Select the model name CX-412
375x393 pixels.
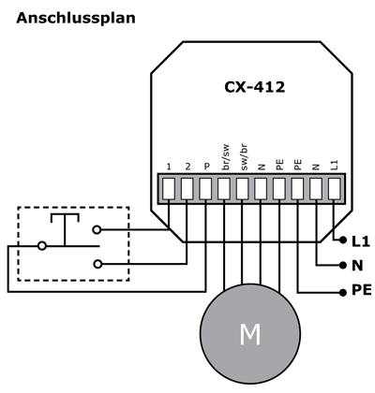point(254,87)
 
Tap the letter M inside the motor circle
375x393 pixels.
point(249,334)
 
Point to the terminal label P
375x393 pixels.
point(206,165)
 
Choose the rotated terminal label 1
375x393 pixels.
point(169,166)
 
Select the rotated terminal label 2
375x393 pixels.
point(187,166)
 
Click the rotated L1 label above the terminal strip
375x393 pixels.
point(336,163)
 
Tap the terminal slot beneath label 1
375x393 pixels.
point(169,188)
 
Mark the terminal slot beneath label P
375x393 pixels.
point(206,188)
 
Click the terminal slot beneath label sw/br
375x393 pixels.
point(244,188)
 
